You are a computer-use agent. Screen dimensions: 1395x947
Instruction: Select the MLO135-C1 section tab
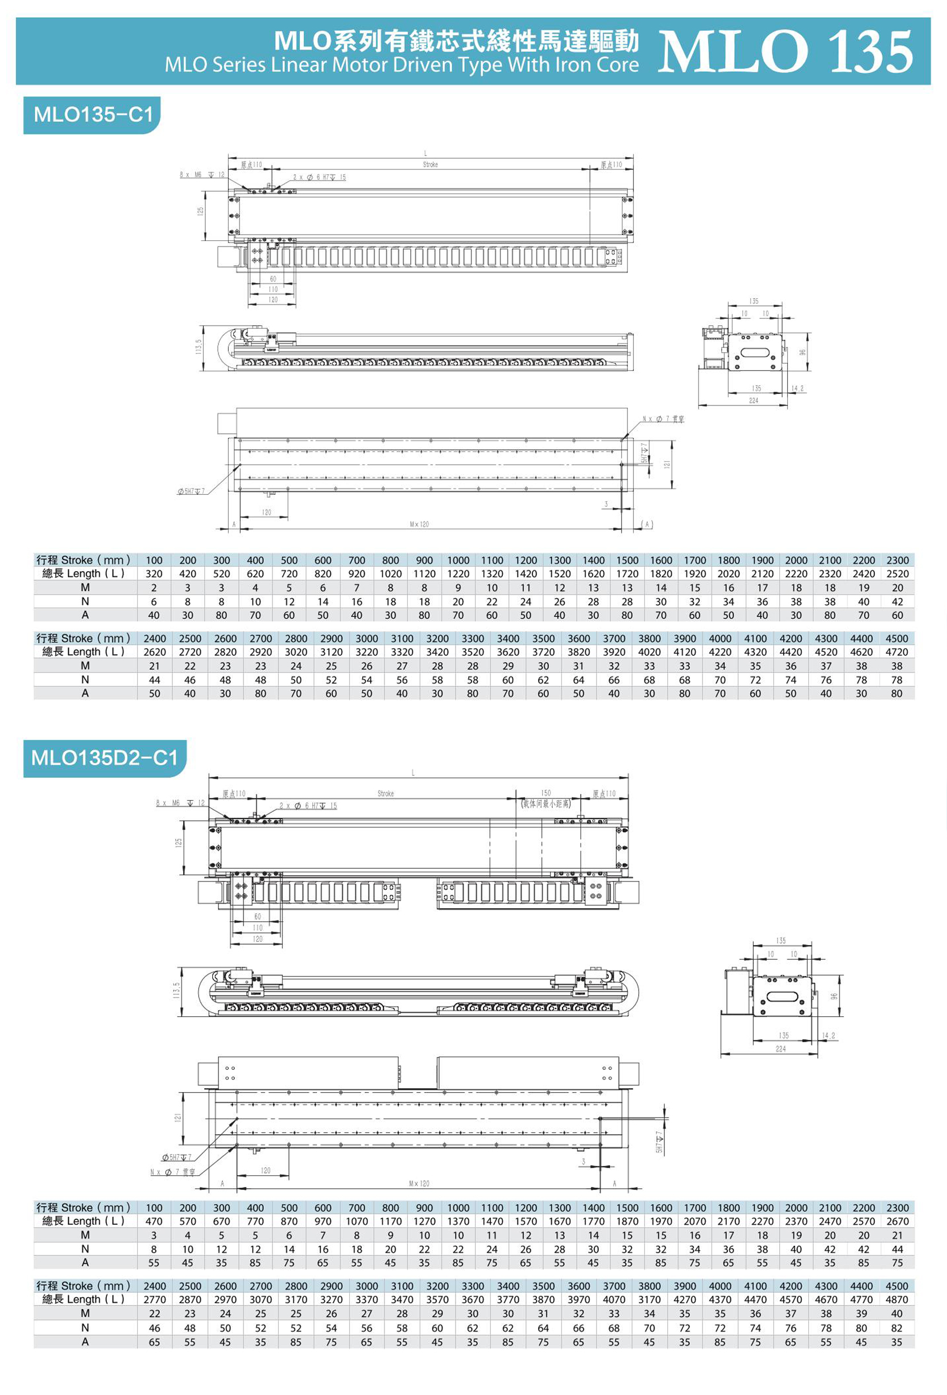[93, 114]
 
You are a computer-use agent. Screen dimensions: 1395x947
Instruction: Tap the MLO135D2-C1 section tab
[104, 757]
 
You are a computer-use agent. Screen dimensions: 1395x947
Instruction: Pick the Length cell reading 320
[154, 573]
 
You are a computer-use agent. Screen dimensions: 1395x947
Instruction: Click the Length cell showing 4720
[896, 652]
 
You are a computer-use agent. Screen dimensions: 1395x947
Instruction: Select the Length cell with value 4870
[896, 1299]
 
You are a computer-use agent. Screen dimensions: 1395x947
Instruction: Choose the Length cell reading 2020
[728, 573]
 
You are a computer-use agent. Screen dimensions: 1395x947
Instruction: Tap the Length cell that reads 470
[154, 1221]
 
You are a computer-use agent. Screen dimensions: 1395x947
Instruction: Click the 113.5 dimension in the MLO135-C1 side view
[199, 346]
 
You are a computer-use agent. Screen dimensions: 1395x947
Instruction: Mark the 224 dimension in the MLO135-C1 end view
[753, 400]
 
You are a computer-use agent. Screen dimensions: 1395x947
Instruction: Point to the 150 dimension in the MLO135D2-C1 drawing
[545, 793]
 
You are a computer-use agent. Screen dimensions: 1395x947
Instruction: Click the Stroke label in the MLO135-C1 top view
[430, 165]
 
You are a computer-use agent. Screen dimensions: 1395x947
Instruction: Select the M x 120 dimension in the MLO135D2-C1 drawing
[419, 1184]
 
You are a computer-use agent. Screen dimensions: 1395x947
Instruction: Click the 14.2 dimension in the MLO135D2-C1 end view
[828, 1036]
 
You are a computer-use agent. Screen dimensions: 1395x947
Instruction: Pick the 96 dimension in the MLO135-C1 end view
[802, 352]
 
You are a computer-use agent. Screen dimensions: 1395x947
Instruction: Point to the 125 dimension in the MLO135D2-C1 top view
[179, 843]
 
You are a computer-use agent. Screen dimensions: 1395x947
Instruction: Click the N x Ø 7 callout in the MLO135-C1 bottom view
[663, 419]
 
